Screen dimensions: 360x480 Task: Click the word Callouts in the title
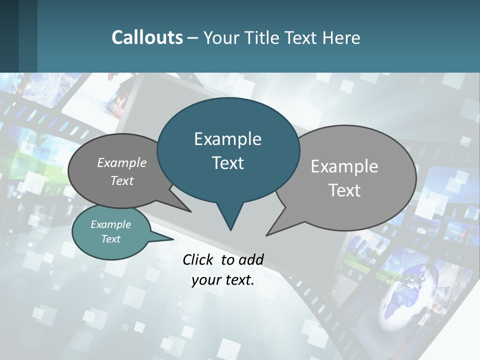(147, 37)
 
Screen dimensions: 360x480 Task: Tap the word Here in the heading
(341, 37)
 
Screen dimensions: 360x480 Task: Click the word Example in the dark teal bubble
(227, 139)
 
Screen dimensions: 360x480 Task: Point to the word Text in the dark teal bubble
(227, 163)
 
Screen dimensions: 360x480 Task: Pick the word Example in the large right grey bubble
(344, 166)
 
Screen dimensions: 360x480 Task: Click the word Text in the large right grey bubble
(344, 190)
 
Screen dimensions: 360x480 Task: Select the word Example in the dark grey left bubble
(122, 162)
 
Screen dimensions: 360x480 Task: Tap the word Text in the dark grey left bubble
(122, 180)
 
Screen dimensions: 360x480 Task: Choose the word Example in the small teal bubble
(111, 224)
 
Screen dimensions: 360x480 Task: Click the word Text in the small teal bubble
(111, 239)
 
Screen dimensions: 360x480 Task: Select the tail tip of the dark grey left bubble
(190, 211)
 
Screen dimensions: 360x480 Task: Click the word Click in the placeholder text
(199, 259)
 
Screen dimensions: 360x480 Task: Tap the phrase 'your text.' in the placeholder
(223, 280)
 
